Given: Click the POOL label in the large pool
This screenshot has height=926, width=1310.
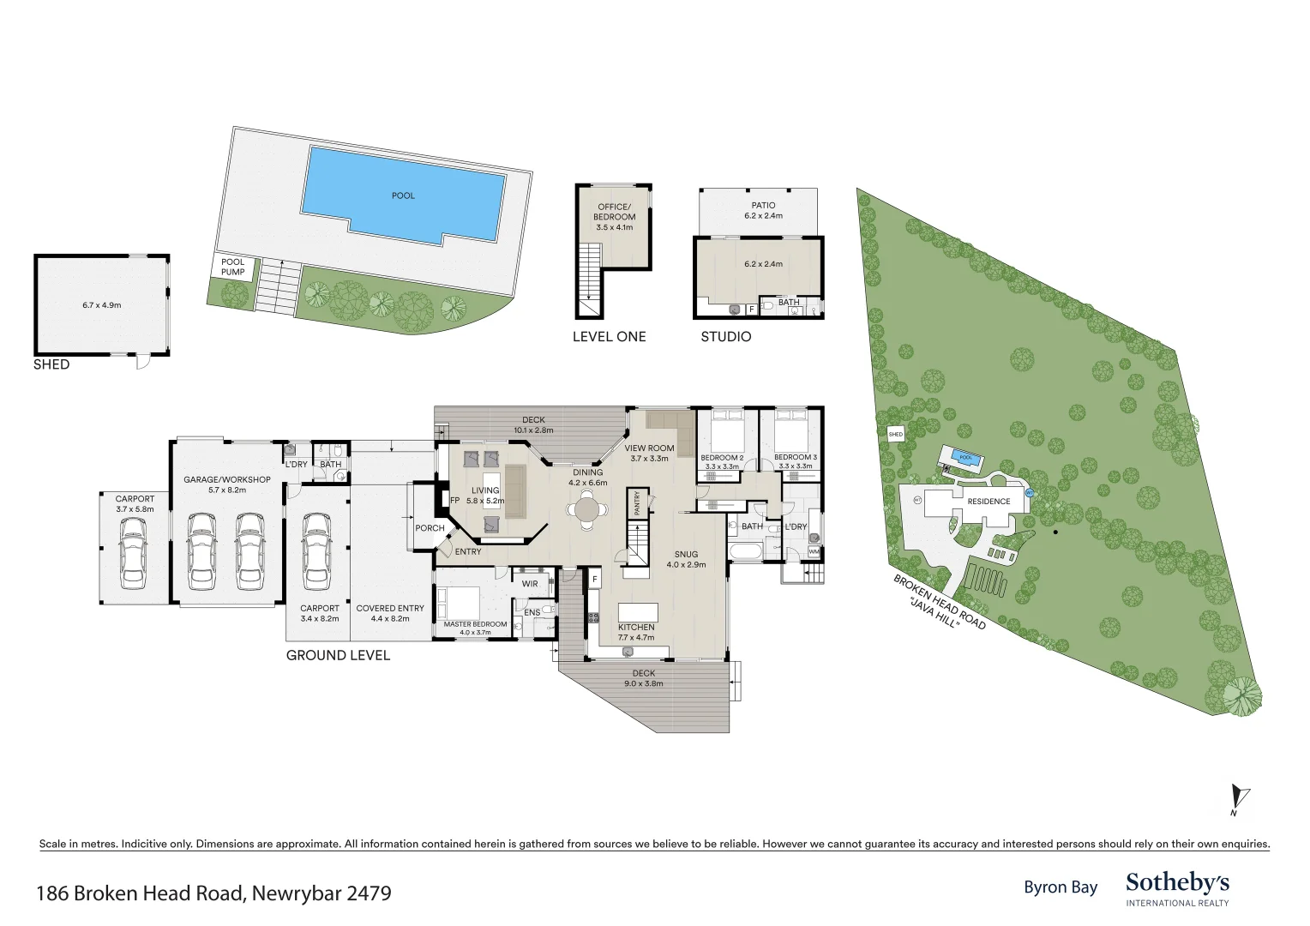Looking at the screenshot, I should (x=403, y=195).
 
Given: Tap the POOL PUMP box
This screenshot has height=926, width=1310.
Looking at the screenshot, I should (x=232, y=268).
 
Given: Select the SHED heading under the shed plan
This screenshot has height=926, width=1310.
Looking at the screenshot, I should (x=51, y=364).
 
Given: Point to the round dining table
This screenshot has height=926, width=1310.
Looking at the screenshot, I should (x=587, y=509).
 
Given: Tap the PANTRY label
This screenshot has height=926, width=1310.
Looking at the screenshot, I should (x=637, y=502).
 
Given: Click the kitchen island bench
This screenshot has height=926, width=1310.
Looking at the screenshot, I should (x=639, y=612).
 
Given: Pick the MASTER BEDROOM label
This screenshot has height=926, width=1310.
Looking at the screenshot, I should (x=475, y=624).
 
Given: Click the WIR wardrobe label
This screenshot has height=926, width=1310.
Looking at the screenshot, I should (x=530, y=584).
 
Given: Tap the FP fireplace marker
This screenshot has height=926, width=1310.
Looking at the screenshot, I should (x=454, y=501).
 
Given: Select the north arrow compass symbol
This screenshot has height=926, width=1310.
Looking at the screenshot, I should (x=1239, y=799).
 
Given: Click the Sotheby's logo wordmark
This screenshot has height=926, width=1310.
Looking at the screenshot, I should (x=1177, y=883).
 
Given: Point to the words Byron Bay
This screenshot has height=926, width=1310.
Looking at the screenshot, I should (x=1061, y=887).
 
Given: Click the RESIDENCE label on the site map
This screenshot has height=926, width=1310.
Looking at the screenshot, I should (x=989, y=502).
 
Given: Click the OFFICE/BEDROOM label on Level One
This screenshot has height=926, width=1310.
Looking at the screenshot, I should (x=614, y=212).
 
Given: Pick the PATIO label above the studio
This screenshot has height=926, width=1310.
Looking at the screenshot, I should (x=763, y=205).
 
